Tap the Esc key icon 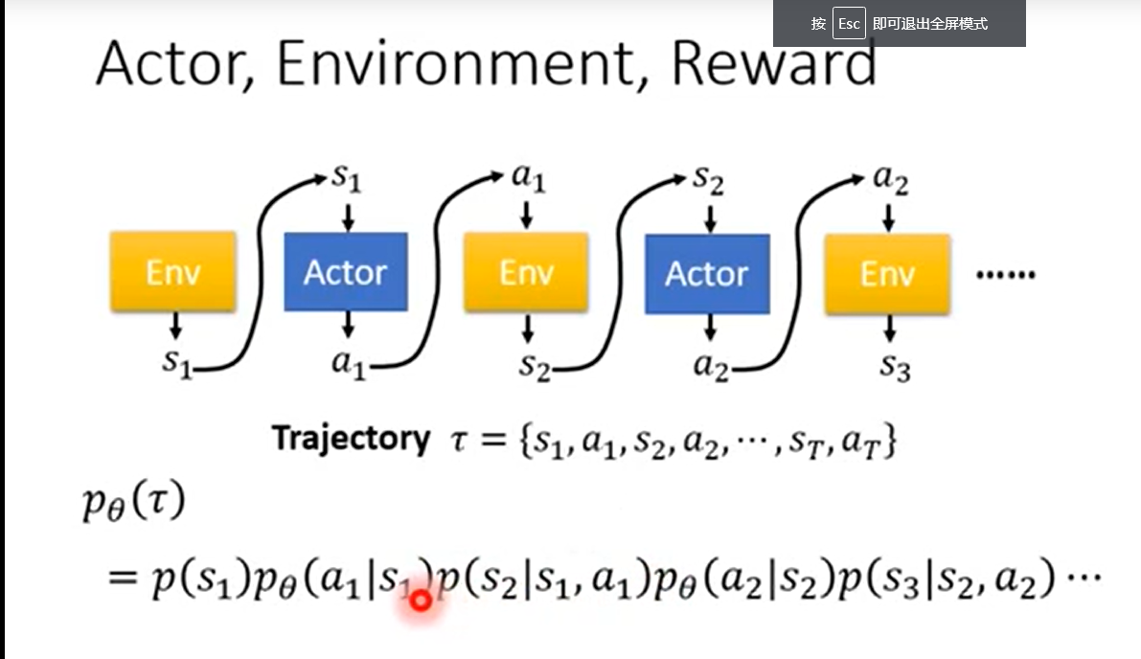[848, 24]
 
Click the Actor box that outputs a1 [346, 272]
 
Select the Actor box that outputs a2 [707, 274]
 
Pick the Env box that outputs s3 [887, 273]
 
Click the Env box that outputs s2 [526, 273]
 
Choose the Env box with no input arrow [173, 272]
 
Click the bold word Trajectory [351, 439]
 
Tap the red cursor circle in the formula [420, 601]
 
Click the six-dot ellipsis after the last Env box [1005, 275]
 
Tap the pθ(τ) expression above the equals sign [131, 505]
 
